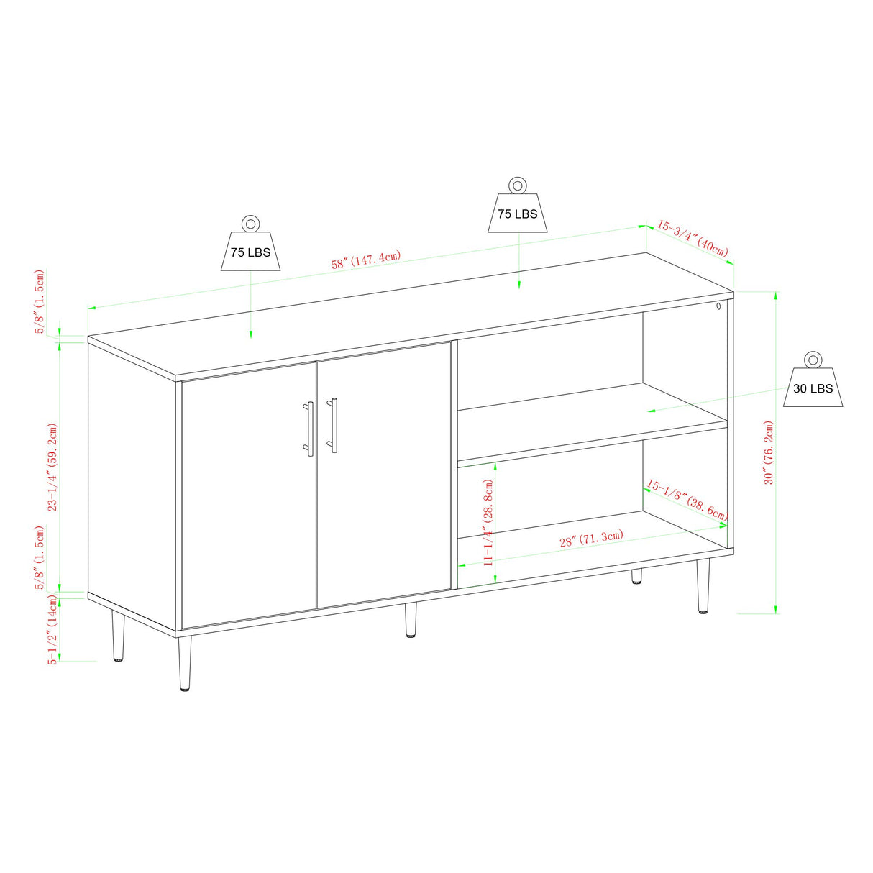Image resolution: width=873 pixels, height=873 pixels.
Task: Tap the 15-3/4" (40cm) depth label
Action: [x=692, y=238]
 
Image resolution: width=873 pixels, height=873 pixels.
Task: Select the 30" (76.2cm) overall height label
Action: [x=768, y=452]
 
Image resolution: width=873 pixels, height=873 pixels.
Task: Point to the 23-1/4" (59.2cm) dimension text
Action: [x=52, y=467]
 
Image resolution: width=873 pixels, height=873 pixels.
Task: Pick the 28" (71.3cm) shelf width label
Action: [x=591, y=539]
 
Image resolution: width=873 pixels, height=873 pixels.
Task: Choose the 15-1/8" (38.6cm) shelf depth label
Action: [x=687, y=501]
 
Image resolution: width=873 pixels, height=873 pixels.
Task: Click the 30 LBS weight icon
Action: [x=813, y=388]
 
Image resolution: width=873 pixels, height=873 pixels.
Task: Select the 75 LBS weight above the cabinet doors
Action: [x=250, y=251]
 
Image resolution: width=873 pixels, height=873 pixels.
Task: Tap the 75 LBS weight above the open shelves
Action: [x=517, y=213]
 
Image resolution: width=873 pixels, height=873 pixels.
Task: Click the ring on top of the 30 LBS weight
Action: [x=813, y=360]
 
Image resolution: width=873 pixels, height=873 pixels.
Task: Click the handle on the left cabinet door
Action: [x=310, y=429]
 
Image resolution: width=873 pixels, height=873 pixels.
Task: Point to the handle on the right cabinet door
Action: [x=334, y=425]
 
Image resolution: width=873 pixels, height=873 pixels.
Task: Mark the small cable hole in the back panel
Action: [x=718, y=307]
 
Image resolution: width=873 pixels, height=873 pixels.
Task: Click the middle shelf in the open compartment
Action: [x=590, y=424]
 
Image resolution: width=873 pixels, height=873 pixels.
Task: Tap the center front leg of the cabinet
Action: [x=411, y=620]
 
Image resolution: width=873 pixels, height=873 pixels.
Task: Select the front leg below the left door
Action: [x=185, y=663]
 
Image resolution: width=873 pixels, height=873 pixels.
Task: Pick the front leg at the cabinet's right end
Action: [x=703, y=586]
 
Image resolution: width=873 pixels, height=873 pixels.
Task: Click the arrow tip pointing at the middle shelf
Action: [x=649, y=411]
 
